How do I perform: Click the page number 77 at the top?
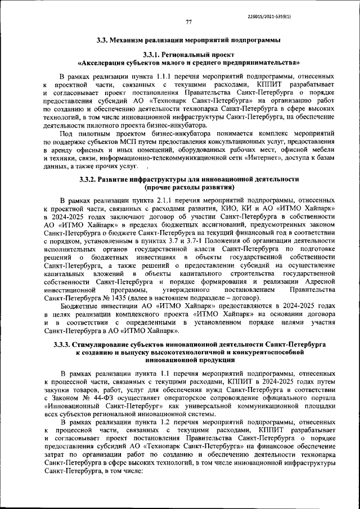pos(189,22)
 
